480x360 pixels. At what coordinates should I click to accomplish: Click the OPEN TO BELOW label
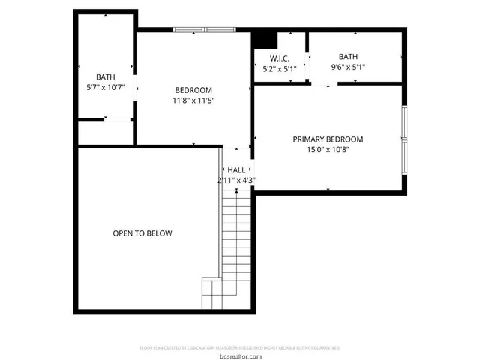pyautogui.click(x=142, y=233)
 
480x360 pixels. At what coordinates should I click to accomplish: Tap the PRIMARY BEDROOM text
pyautogui.click(x=328, y=139)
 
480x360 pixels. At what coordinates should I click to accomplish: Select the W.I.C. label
pyautogui.click(x=279, y=58)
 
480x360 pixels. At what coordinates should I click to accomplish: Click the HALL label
pyautogui.click(x=236, y=170)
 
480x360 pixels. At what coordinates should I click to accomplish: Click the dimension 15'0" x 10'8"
pyautogui.click(x=328, y=149)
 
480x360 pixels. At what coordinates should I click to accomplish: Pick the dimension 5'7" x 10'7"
pyautogui.click(x=104, y=87)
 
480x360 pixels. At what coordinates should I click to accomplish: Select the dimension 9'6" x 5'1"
pyautogui.click(x=348, y=67)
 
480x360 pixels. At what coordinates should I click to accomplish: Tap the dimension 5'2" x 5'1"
pyautogui.click(x=279, y=69)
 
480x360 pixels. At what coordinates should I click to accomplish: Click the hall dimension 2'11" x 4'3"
pyautogui.click(x=236, y=180)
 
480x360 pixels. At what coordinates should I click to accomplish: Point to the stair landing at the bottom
pyautogui.click(x=212, y=293)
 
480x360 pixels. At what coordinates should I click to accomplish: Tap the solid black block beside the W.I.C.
pyautogui.click(x=263, y=39)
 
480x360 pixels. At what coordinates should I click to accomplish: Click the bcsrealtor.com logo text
pyautogui.click(x=240, y=355)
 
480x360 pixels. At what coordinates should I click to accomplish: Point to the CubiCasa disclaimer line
pyautogui.click(x=240, y=348)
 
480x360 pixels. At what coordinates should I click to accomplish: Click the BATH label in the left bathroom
pyautogui.click(x=104, y=77)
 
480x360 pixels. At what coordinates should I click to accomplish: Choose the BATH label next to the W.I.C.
pyautogui.click(x=348, y=56)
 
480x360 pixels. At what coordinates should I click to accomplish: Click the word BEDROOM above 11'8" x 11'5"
pyautogui.click(x=193, y=90)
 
